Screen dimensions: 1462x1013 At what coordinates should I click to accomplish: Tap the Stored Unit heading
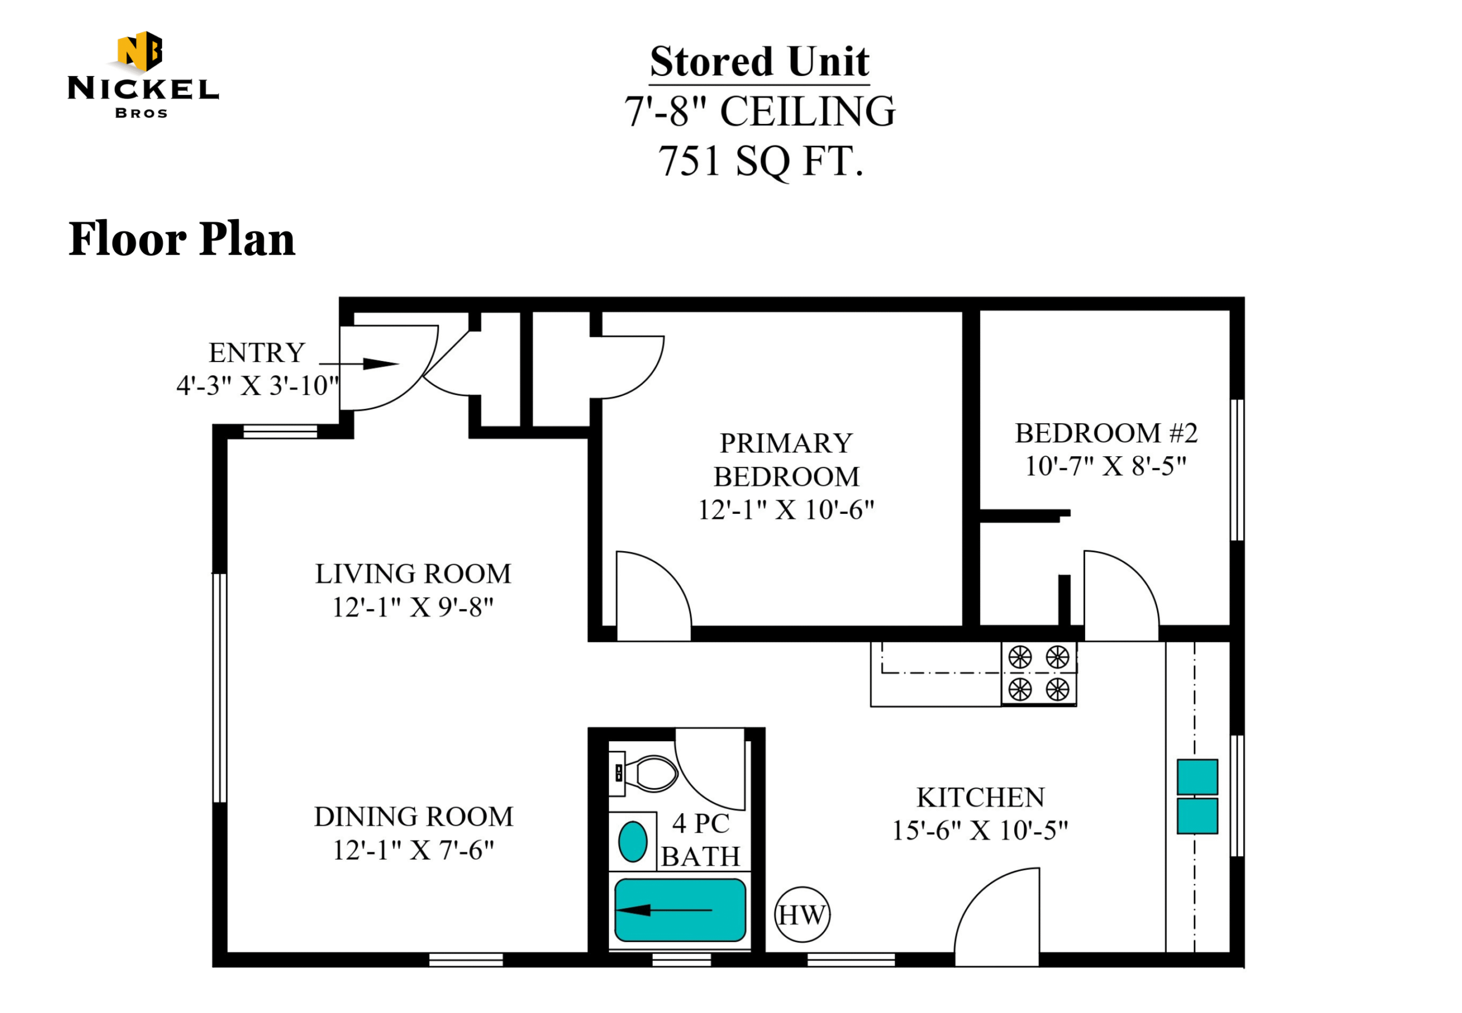point(759,62)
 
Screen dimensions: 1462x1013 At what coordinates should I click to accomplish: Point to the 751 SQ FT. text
point(761,161)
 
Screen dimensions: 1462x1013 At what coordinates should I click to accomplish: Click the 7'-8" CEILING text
point(759,112)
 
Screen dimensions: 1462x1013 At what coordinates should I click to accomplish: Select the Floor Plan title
point(182,239)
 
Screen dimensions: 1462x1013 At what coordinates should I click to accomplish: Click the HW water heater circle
point(802,915)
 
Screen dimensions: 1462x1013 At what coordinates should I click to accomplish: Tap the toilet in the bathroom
point(643,773)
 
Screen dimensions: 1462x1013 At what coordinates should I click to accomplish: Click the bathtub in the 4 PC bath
point(680,910)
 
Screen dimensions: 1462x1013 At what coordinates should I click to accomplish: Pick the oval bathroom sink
point(632,842)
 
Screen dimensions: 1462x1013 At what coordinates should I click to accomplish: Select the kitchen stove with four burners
point(1039,673)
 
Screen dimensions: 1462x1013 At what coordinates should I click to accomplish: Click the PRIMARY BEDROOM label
point(786,460)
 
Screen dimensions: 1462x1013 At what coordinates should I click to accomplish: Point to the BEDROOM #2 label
point(1106,433)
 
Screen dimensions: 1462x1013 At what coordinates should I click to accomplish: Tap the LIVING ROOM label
point(413,574)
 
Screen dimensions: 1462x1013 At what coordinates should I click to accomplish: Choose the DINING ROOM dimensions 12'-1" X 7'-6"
point(413,850)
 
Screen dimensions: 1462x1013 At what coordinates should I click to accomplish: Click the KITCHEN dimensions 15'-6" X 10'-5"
point(980,830)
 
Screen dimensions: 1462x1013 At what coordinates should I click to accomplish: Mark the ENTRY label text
point(257,352)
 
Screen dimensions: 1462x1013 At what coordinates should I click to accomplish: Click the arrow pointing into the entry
point(359,364)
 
